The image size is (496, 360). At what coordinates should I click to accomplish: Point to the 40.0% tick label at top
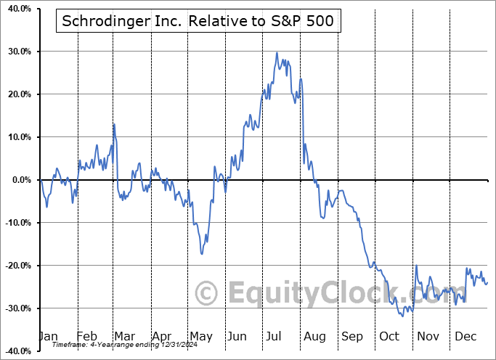click(15, 9)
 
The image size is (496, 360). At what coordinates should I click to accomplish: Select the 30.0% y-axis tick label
click(15, 52)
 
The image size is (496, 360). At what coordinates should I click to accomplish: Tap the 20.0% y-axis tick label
click(15, 94)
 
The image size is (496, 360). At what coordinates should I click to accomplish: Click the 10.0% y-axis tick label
click(15, 137)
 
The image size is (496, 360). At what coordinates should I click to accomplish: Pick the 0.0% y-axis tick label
click(17, 180)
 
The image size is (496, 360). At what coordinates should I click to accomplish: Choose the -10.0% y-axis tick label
click(14, 223)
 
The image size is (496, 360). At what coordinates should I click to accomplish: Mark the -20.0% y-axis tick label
click(14, 266)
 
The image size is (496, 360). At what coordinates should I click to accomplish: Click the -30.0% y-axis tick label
click(14, 308)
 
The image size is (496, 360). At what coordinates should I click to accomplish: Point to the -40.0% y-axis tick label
click(14, 351)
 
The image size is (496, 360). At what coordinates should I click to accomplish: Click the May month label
click(200, 336)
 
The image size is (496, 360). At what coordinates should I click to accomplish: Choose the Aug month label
click(314, 336)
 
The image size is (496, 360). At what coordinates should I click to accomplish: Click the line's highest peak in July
click(277, 52)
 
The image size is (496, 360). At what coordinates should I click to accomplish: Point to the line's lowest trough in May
click(201, 254)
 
